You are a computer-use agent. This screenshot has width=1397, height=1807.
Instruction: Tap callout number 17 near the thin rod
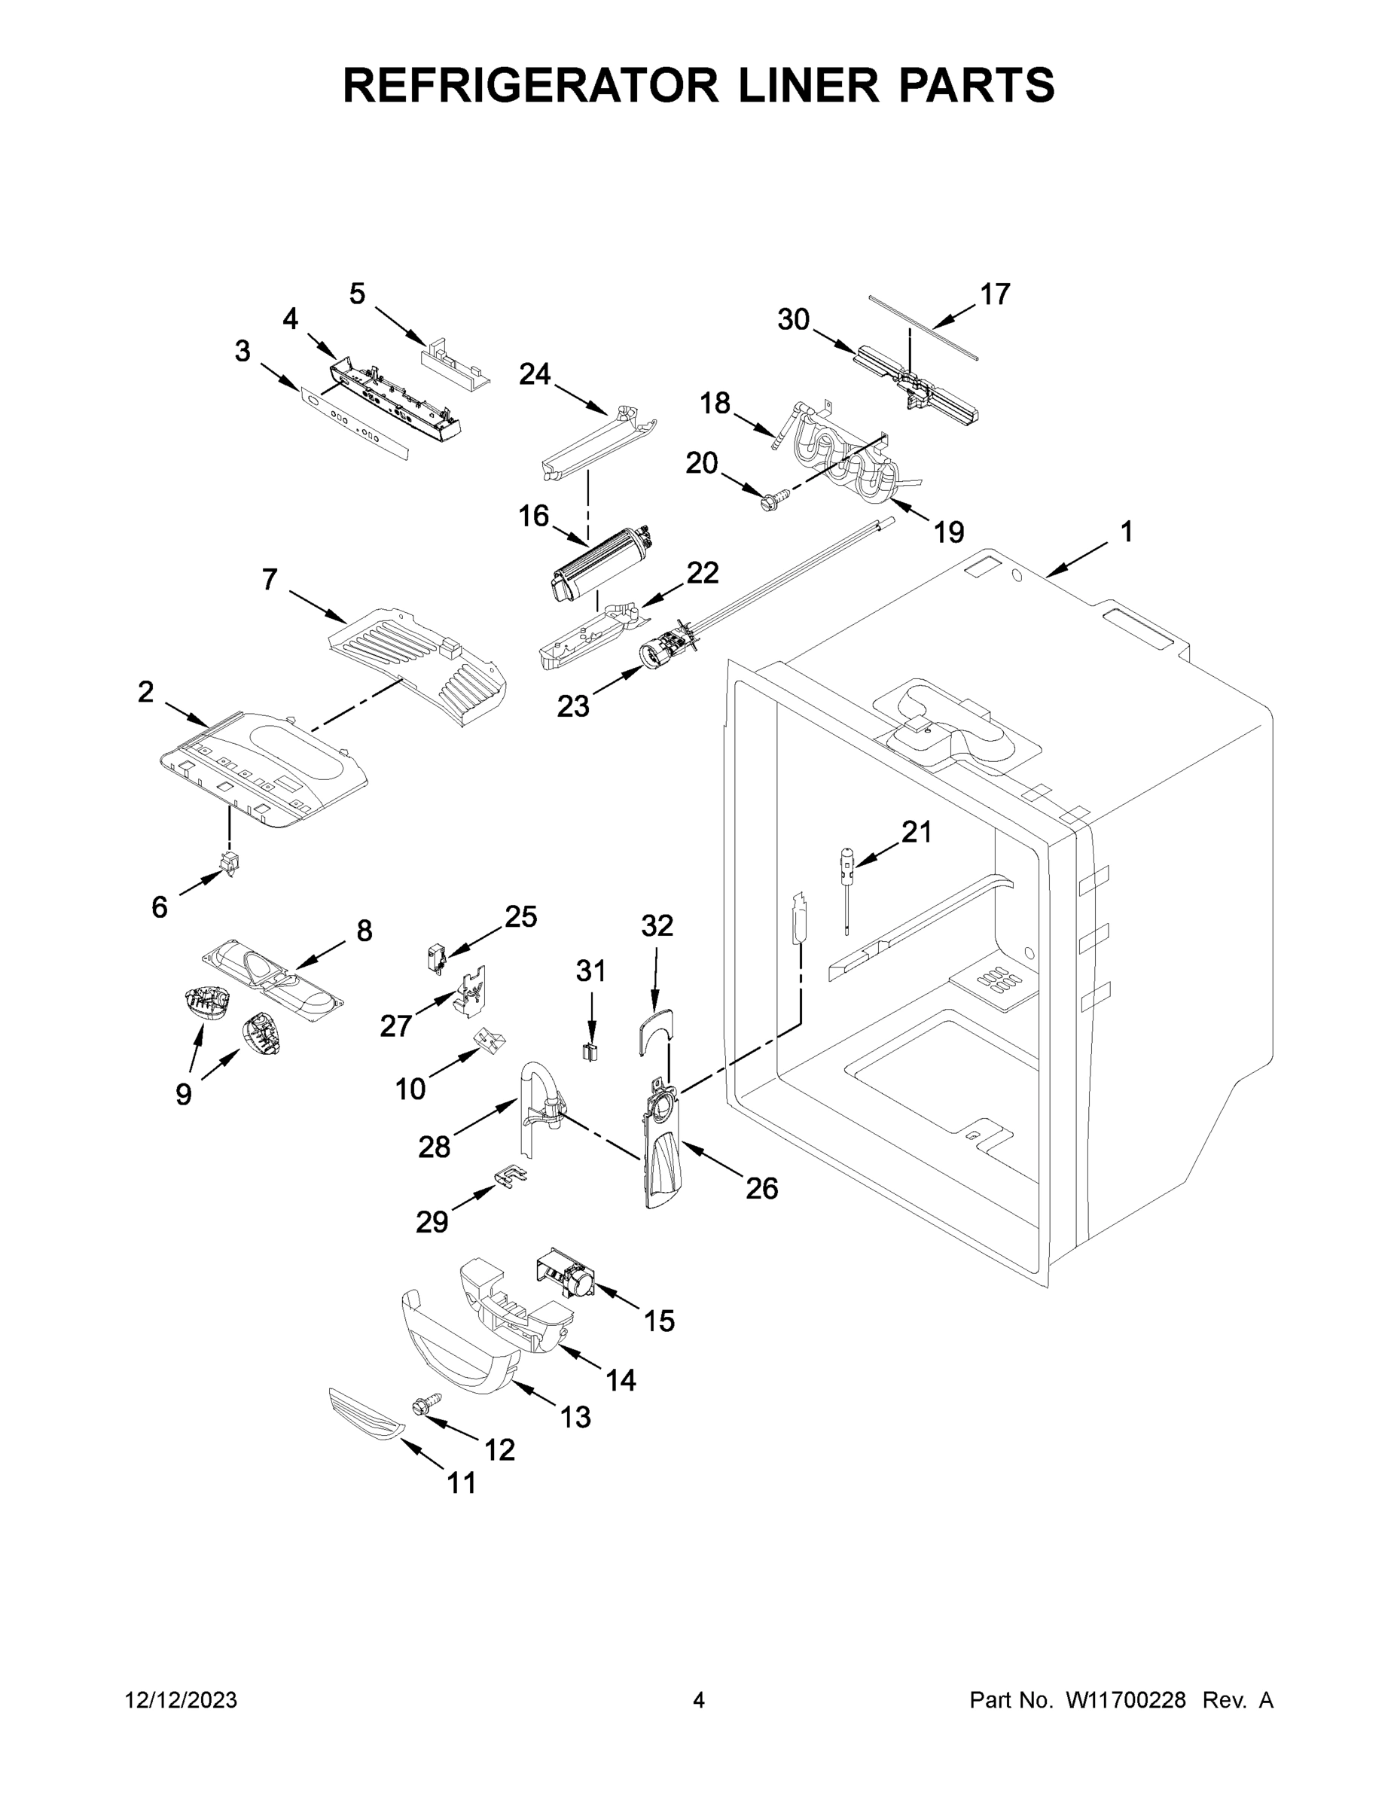click(995, 294)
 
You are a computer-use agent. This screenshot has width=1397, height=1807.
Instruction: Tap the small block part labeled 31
click(590, 1053)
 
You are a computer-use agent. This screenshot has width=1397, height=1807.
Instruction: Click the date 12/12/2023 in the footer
click(181, 1700)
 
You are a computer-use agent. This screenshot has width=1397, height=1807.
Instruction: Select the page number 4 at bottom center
click(699, 1700)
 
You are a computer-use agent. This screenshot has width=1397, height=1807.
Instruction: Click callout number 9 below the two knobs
click(183, 1095)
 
